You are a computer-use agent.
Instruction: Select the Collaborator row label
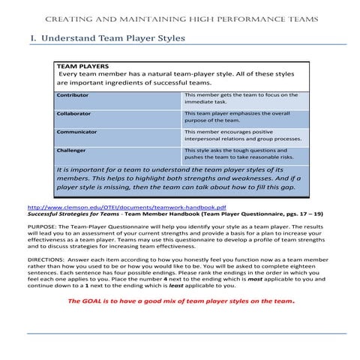[74, 113]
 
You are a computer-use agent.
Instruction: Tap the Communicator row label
[77, 132]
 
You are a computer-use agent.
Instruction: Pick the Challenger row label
[73, 150]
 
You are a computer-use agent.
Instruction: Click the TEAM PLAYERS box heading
[82, 66]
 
